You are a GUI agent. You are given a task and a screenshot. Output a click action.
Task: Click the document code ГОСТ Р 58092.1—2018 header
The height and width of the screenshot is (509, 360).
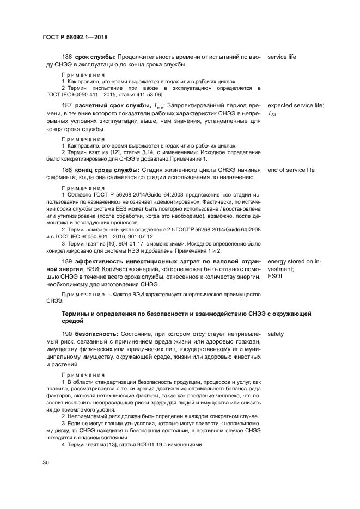(x=75, y=36)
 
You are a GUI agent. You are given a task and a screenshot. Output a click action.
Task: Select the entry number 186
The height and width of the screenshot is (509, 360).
(x=68, y=57)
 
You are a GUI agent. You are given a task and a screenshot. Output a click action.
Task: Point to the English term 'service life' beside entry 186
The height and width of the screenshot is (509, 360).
(x=282, y=57)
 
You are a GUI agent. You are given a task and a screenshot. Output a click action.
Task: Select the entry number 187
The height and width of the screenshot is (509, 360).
(x=68, y=105)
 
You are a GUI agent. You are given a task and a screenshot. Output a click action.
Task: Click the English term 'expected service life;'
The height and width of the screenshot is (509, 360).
(x=296, y=105)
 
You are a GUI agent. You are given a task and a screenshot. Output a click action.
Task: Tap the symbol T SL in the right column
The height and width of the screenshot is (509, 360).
(x=272, y=114)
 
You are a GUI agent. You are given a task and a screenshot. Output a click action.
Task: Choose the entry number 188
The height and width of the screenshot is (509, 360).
(x=68, y=170)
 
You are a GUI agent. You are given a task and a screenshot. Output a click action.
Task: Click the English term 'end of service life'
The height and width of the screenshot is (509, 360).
(x=291, y=170)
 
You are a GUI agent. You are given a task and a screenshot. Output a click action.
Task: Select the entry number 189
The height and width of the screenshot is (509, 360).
(x=68, y=261)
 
